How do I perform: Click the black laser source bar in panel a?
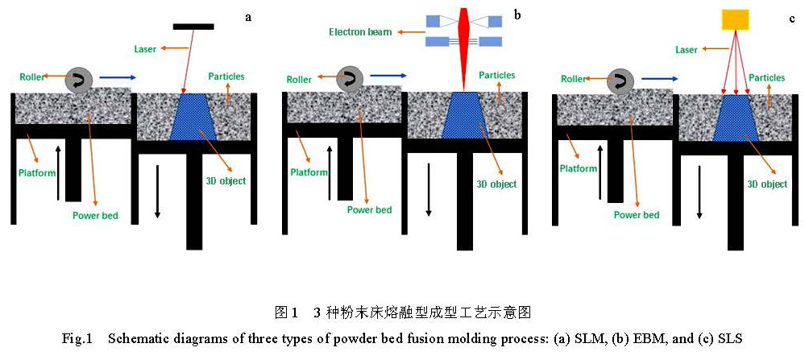(x=193, y=27)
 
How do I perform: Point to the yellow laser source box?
(x=734, y=19)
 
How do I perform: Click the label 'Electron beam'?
(x=360, y=33)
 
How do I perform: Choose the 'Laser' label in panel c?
(x=686, y=51)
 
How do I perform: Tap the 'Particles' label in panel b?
(x=497, y=76)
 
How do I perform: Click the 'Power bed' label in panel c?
(x=636, y=215)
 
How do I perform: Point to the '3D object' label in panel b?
(x=496, y=184)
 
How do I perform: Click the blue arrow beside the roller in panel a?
(x=119, y=77)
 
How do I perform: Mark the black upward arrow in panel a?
(x=57, y=172)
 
